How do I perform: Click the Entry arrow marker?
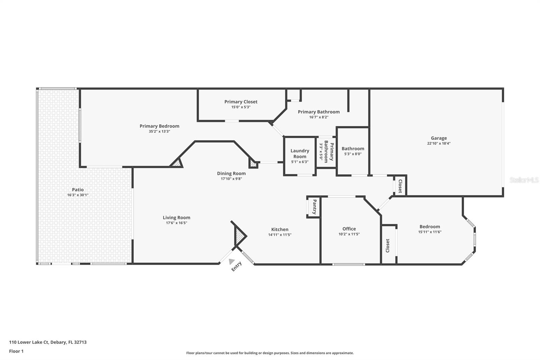[x=232, y=261]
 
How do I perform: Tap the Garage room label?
[x=439, y=138]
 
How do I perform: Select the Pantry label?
[x=314, y=207]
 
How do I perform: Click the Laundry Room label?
[x=300, y=154]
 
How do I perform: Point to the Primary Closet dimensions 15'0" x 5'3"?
[x=241, y=107]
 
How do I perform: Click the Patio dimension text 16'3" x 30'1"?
[x=78, y=195]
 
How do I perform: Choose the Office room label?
[x=349, y=229]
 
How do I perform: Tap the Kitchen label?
[x=280, y=229]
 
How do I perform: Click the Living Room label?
[x=177, y=217]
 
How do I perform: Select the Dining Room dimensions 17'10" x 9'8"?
[x=231, y=179]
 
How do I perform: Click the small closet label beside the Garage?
[x=400, y=186]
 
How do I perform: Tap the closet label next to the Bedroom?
[x=387, y=246]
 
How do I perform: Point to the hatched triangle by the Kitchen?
[x=240, y=236]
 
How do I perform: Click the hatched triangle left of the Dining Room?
[x=177, y=163]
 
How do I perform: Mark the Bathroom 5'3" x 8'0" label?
[x=353, y=151]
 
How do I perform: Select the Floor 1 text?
[x=16, y=351]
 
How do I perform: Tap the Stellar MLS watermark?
[x=524, y=180]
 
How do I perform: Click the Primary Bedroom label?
[x=159, y=126]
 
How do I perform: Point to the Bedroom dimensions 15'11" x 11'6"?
[x=430, y=232]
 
